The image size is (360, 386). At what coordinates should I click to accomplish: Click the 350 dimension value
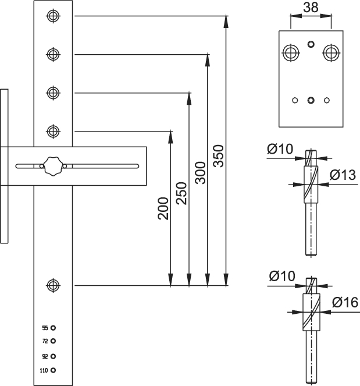(218, 156)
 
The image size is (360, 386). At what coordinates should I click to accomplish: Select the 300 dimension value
(200, 173)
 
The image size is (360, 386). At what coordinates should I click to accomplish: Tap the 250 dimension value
(181, 193)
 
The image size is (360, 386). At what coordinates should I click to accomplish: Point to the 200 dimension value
(163, 208)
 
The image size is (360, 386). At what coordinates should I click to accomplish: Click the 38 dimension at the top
(311, 8)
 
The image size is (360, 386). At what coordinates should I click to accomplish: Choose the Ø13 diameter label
(343, 175)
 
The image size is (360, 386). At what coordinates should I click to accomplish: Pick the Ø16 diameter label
(345, 302)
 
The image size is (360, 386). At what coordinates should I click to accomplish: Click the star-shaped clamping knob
(53, 166)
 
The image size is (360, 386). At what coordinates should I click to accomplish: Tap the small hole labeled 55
(53, 328)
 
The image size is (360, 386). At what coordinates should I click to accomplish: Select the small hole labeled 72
(53, 341)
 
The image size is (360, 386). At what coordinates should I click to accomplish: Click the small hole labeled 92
(53, 356)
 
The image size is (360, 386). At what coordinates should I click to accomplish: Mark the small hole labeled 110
(53, 370)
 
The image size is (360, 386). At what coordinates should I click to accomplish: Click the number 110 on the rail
(44, 370)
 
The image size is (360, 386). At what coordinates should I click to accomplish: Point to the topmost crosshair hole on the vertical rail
(53, 16)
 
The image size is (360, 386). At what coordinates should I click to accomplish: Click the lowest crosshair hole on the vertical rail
(53, 285)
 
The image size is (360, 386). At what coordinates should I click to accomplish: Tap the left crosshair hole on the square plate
(291, 52)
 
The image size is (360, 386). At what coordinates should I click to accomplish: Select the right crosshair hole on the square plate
(332, 52)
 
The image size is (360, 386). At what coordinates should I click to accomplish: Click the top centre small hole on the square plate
(311, 44)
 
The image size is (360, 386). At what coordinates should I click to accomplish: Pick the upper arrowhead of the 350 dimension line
(226, 21)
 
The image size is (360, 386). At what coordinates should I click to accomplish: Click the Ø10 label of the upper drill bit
(280, 149)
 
